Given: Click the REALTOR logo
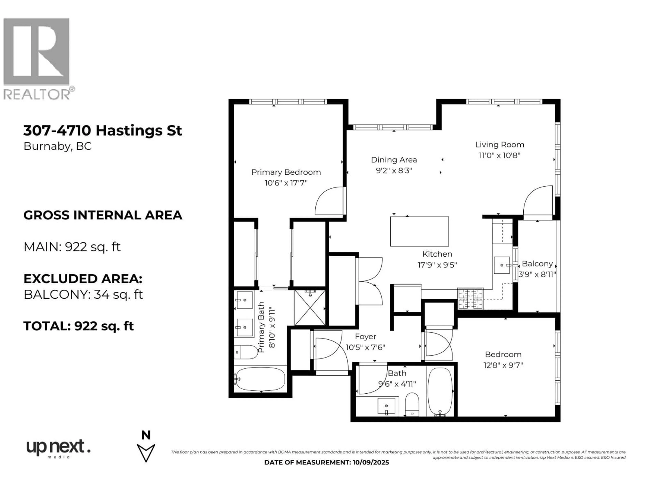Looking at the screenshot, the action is pos(39,59).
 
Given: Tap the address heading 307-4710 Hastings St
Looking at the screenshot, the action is pos(103,131).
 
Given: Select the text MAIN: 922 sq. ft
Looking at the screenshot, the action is pos(72,247).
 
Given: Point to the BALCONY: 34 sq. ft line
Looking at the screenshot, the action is pos(83,294).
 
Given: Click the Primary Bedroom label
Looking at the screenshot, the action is pos(286,172).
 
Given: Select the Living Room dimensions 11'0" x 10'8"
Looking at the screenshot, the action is pos(500,155).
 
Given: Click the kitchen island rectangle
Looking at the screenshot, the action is pos(419,232).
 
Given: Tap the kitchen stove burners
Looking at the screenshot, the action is pos(470,299).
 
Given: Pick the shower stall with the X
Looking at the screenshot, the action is pos(310,308).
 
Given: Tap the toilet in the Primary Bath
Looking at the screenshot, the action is pos(246,352).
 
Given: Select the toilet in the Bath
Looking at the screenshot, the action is pos(412,404).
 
